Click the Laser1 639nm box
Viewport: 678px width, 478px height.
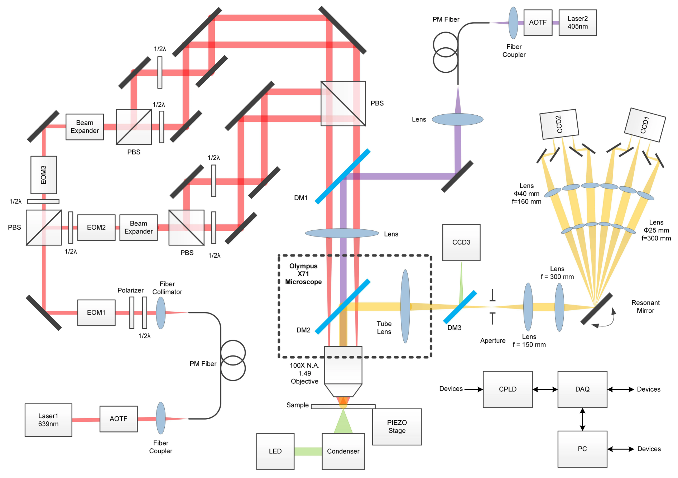[x=48, y=420]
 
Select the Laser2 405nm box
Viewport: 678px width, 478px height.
[x=577, y=23]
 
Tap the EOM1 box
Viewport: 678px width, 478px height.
[x=96, y=312]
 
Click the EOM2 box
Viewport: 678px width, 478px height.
[x=96, y=227]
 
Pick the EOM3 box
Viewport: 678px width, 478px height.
[x=44, y=175]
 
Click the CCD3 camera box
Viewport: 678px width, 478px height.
[x=461, y=242]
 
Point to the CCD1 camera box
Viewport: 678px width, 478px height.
[x=645, y=125]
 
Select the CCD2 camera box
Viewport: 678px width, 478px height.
[x=559, y=124]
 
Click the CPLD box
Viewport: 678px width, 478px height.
[x=508, y=389]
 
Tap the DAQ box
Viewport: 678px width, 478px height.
[x=582, y=389]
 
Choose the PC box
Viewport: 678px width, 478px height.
[x=582, y=449]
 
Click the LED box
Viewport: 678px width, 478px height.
[x=275, y=451]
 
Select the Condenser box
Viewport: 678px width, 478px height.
[x=343, y=451]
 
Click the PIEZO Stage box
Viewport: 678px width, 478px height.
[x=397, y=426]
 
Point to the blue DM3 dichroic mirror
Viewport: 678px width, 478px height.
[x=460, y=307]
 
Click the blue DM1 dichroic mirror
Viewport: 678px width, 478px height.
[x=342, y=176]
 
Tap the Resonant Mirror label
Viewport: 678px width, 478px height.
[x=645, y=307]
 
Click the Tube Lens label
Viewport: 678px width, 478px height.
[x=384, y=328]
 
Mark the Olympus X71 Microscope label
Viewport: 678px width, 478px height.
[x=303, y=274]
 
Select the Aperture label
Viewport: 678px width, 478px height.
[x=493, y=340]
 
